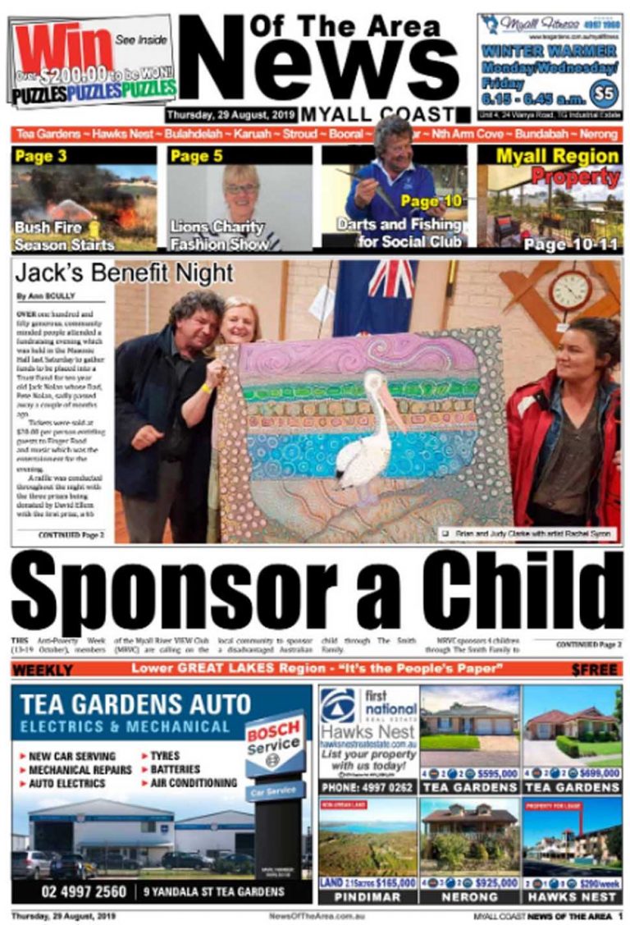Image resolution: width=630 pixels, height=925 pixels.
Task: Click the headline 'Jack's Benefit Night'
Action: (x=124, y=273)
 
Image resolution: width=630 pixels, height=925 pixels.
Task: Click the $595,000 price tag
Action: (x=489, y=773)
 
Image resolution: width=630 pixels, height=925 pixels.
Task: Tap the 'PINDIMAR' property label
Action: (x=368, y=897)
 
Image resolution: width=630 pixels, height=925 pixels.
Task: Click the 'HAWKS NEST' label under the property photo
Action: (x=571, y=897)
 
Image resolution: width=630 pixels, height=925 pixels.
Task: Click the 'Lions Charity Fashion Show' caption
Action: (x=219, y=235)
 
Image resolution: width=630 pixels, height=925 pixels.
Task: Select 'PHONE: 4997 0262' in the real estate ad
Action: (x=368, y=787)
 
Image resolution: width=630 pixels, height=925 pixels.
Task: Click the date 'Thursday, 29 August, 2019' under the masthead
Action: (x=231, y=115)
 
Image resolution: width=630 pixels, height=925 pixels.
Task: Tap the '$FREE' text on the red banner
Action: (x=594, y=670)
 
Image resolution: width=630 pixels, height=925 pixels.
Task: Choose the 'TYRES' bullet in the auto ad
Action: (x=169, y=756)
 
